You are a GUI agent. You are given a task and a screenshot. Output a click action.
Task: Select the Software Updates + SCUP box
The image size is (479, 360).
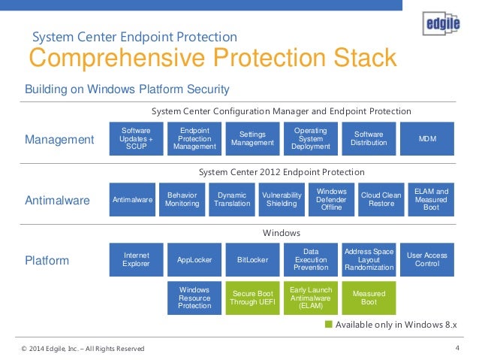point(136,138)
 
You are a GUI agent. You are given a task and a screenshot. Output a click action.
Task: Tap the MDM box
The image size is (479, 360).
point(426,138)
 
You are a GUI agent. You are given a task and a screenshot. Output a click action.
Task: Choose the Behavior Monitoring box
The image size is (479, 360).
point(182,199)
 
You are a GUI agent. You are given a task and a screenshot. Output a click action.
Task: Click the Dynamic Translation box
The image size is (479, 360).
point(232,199)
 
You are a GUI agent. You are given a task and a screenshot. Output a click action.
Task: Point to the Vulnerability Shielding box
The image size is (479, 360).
point(282,199)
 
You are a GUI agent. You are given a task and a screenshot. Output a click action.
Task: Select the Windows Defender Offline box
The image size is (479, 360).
point(332,199)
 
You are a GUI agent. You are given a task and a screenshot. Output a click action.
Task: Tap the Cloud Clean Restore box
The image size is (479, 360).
point(381,199)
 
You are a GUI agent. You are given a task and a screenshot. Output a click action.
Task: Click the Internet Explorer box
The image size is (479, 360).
point(136,260)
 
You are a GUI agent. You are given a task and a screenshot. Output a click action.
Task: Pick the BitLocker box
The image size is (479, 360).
point(252,260)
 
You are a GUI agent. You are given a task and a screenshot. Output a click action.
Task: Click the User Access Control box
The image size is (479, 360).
point(426,260)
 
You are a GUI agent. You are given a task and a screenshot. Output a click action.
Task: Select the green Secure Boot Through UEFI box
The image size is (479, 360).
point(252,298)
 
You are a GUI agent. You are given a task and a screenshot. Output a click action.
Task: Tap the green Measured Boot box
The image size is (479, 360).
point(369,298)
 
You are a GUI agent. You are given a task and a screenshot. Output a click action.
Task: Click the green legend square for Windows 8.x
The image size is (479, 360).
point(328,325)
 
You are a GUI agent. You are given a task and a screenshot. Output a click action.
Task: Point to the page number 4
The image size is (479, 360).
point(457,347)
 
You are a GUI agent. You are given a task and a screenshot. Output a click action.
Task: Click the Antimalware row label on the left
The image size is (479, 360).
point(58,201)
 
